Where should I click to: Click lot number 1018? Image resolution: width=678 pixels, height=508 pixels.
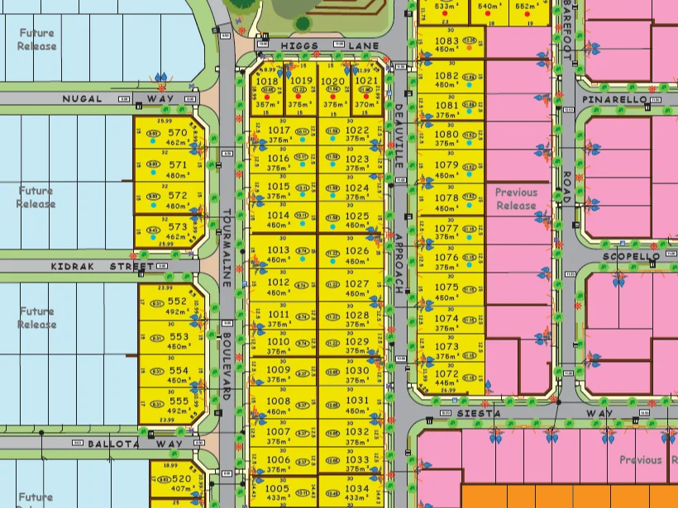(x=267, y=82)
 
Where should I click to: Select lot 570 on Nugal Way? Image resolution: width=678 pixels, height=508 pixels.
(x=177, y=132)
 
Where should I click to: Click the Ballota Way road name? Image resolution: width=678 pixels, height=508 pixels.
(x=123, y=444)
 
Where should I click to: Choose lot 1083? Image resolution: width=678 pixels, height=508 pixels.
(x=446, y=40)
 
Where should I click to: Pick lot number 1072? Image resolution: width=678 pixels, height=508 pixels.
(x=446, y=374)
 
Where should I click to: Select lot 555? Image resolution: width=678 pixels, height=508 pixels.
(x=178, y=401)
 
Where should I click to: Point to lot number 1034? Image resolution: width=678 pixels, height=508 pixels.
(x=357, y=489)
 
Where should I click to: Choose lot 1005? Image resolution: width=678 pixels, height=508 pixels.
(x=278, y=489)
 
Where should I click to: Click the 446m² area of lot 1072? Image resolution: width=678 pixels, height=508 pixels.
(x=446, y=383)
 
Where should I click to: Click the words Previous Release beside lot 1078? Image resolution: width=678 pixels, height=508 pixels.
(x=516, y=199)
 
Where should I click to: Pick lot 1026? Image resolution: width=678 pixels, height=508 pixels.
(x=357, y=251)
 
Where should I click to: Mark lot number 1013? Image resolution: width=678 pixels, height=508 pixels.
(x=279, y=250)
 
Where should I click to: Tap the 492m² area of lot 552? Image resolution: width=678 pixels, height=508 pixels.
(x=178, y=312)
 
